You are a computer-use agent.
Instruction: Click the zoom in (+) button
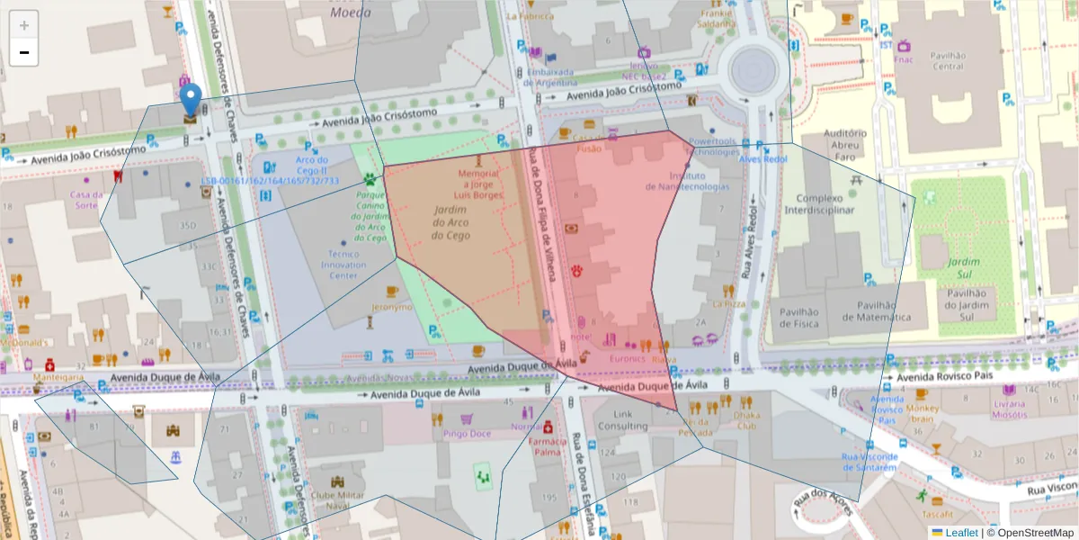[x=24, y=25]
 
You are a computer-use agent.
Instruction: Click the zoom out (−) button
[x=24, y=52]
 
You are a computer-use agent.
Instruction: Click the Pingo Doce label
[x=467, y=434]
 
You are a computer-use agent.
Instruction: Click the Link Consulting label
[x=623, y=420]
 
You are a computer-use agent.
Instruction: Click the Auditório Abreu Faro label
[x=844, y=143]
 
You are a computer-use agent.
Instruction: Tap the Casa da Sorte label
[x=86, y=199]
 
